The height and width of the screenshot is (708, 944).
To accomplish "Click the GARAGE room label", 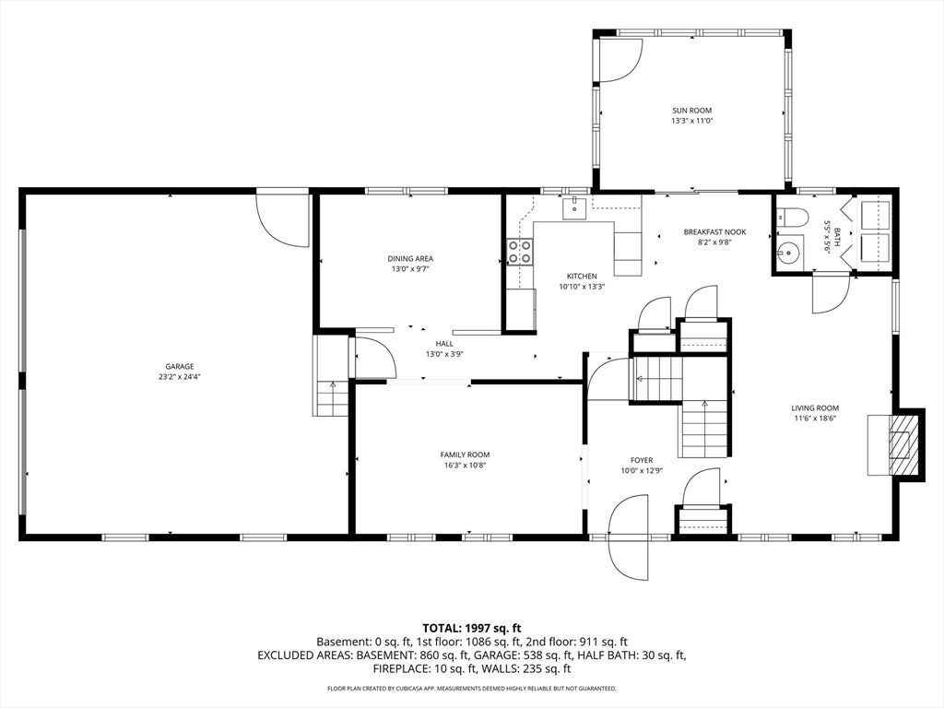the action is point(180,367).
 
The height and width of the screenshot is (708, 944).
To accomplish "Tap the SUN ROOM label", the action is point(691,111).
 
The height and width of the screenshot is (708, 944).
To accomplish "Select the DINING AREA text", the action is point(410,259).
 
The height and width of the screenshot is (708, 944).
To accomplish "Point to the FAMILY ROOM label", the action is point(465,455).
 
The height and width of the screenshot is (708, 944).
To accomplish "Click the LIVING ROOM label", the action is point(815,408).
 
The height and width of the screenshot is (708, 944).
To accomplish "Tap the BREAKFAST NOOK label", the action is point(714,231).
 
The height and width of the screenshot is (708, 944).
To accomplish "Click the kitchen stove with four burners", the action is point(520,252).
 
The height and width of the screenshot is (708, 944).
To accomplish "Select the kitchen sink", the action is point(574,207).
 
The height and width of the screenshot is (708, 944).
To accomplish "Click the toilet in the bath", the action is point(790,217).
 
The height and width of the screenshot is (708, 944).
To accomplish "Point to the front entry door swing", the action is point(629,537).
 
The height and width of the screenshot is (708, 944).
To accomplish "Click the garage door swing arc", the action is point(282,218).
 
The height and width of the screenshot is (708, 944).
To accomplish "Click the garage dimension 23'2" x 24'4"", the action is point(180,377).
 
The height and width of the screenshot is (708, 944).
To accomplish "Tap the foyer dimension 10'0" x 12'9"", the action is point(642,471).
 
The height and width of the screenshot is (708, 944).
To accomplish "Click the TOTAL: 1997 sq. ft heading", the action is point(471,629).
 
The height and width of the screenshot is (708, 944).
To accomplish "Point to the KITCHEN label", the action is point(582,277).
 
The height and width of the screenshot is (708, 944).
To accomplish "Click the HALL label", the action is point(444,344).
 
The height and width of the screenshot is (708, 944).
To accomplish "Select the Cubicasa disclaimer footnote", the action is point(471,688).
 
